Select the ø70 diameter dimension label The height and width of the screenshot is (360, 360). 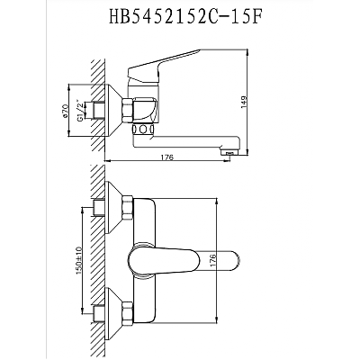click(x=66, y=110)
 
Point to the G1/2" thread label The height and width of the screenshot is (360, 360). click(x=80, y=110)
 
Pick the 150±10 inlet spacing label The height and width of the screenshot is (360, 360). click(x=78, y=260)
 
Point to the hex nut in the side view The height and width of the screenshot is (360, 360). click(x=127, y=110)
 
